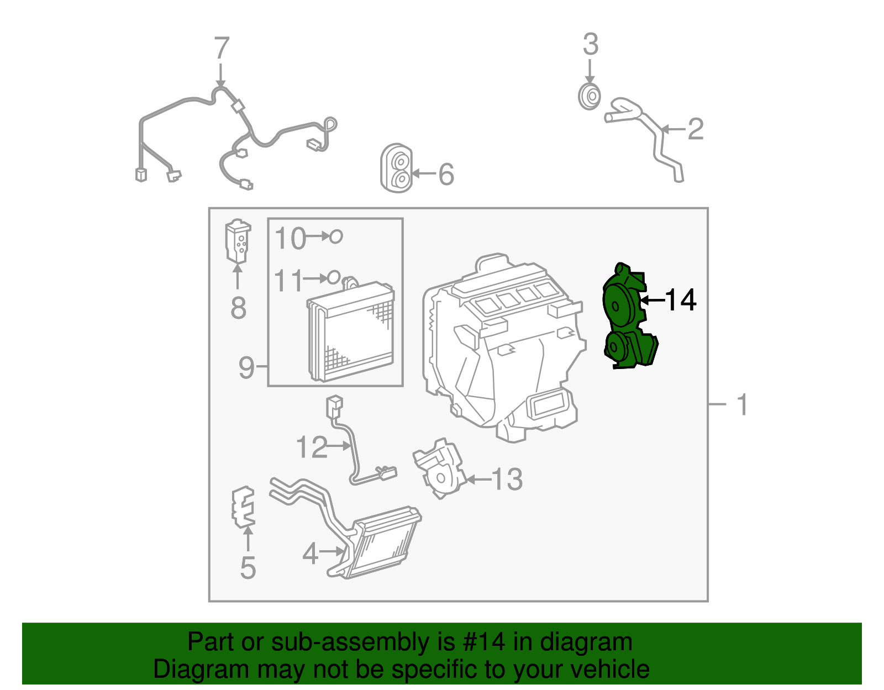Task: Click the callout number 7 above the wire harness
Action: tap(221, 49)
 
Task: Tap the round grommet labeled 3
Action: tap(590, 97)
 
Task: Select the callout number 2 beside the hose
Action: tap(695, 129)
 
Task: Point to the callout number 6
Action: tap(446, 175)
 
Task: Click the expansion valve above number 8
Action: tap(238, 241)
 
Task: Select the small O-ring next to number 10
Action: tap(336, 237)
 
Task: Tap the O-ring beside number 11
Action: tap(334, 277)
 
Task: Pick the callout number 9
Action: tap(246, 367)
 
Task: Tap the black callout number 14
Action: tap(681, 300)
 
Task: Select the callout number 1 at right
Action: tap(742, 405)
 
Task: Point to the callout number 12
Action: tap(312, 446)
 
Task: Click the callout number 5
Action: tap(248, 568)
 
